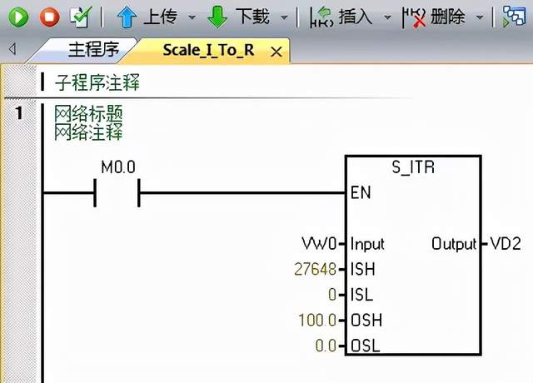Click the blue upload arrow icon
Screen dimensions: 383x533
(x=127, y=16)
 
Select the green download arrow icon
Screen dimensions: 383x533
(x=217, y=16)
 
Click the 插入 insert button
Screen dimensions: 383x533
(x=341, y=16)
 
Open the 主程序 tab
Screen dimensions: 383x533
(x=92, y=50)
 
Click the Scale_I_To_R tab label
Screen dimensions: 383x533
(x=209, y=51)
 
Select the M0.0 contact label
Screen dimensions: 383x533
(x=117, y=168)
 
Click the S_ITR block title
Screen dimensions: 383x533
(x=414, y=167)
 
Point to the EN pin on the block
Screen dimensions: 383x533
(x=361, y=192)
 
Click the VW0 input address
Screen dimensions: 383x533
(x=319, y=244)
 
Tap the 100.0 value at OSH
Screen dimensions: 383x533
(x=317, y=320)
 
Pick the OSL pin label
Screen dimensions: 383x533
(x=364, y=346)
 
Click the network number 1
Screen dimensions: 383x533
(x=19, y=113)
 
